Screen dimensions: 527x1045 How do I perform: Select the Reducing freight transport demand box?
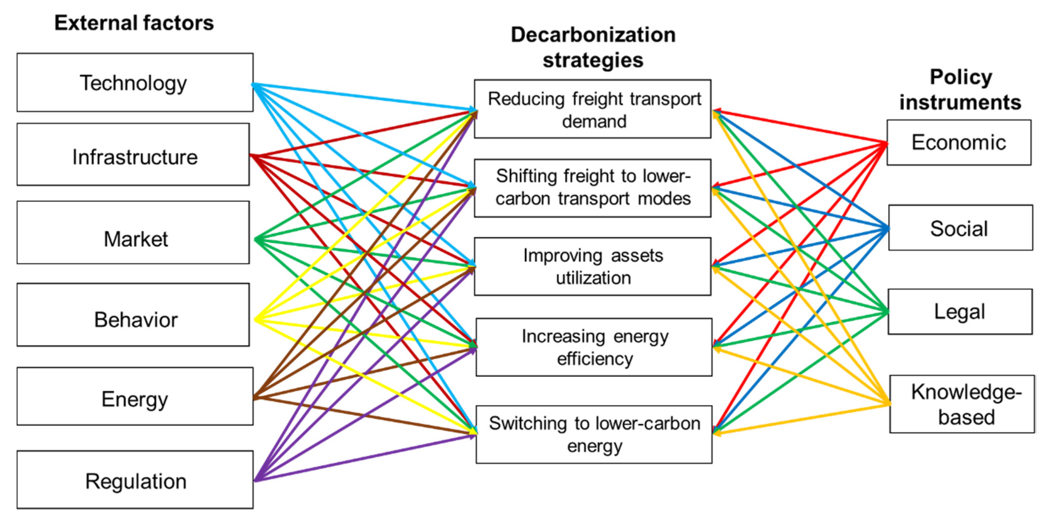[x=592, y=109]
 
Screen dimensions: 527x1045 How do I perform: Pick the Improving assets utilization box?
[x=592, y=267]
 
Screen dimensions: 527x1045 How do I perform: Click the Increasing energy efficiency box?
[x=594, y=347]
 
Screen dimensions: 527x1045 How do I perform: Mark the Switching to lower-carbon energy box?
[x=594, y=434]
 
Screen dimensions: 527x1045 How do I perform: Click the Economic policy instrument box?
[x=959, y=143]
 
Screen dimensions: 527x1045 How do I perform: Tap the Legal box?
[x=960, y=312]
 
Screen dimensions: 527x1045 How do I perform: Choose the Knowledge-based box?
[x=962, y=404]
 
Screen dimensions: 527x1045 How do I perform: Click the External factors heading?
[x=134, y=23]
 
